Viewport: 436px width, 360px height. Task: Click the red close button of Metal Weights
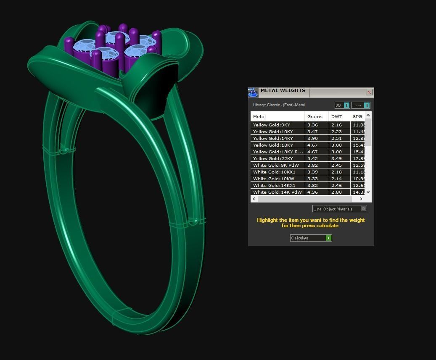369,92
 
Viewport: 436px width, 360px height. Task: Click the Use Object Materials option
339,209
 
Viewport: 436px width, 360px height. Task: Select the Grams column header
315,116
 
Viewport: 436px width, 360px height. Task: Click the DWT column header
337,116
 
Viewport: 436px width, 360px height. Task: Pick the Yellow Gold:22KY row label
273,158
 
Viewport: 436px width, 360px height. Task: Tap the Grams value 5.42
312,158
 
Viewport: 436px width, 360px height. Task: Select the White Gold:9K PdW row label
276,165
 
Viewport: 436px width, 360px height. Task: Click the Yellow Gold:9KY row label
272,125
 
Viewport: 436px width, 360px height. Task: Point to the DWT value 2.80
336,192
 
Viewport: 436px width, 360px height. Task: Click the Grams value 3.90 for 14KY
312,138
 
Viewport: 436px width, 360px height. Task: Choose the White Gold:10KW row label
273,179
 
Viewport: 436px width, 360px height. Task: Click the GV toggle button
342,105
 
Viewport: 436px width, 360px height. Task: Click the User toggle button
361,105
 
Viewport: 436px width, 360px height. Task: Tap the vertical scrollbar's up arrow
368,116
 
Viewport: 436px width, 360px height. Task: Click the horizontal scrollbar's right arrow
361,199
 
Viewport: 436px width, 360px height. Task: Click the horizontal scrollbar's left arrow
254,199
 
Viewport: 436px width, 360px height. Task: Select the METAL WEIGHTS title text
283,90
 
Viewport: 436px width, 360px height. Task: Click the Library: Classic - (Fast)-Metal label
279,105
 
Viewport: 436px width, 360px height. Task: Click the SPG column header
357,116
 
